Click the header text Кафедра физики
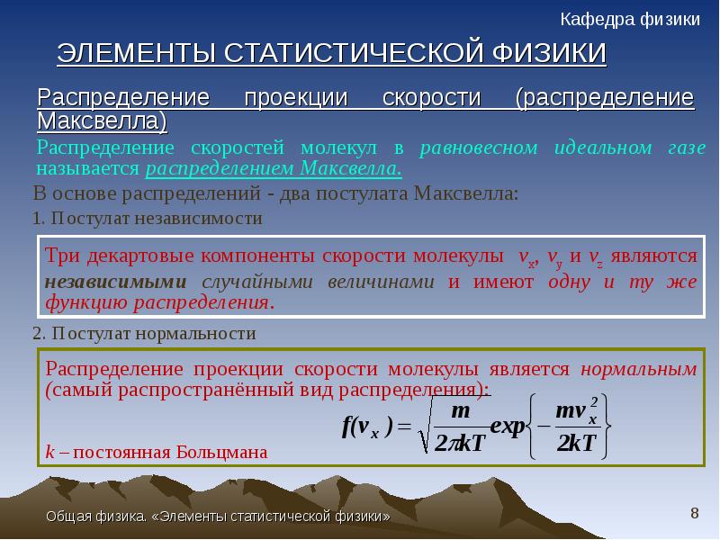coord(630,20)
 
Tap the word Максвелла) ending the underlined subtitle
coord(102,121)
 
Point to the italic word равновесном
coord(479,148)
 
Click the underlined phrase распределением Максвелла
coord(274,168)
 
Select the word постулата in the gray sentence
coord(362,193)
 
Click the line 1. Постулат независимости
coord(148,218)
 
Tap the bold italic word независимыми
coord(116,282)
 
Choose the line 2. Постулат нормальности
coord(144,333)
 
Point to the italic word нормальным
coord(639,369)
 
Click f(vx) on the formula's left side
coord(368,427)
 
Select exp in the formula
coord(508,427)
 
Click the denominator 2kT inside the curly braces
coord(576,444)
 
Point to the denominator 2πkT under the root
coord(460,444)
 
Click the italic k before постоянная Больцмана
coord(50,453)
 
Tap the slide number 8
coord(695,513)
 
